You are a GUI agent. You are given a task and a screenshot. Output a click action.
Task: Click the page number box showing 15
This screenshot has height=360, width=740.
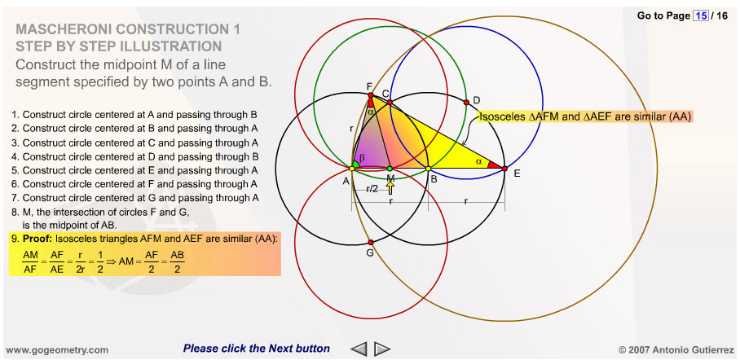click(x=700, y=16)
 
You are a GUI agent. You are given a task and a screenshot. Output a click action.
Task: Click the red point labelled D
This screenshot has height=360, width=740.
click(x=466, y=102)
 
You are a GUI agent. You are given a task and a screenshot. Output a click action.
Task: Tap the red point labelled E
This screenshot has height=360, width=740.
click(x=504, y=169)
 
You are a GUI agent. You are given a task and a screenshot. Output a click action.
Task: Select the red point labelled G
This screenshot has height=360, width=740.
click(x=371, y=243)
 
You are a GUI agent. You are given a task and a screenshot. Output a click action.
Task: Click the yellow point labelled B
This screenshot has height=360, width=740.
click(x=429, y=169)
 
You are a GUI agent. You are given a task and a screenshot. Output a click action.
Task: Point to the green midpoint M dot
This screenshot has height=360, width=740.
click(x=390, y=169)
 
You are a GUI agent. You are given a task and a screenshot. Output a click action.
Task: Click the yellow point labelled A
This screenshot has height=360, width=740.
click(x=352, y=169)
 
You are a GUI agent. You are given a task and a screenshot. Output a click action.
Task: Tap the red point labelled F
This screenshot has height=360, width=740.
click(x=371, y=94)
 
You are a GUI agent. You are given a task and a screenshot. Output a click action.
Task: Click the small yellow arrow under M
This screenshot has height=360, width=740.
click(x=390, y=188)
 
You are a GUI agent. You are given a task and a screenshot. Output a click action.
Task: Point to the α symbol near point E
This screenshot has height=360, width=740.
click(x=478, y=161)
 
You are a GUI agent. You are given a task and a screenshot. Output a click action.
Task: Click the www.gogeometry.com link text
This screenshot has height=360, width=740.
click(x=57, y=349)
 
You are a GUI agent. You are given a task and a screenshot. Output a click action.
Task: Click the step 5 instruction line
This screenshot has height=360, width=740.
click(x=135, y=170)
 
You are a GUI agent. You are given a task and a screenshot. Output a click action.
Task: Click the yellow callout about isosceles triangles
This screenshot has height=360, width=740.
click(x=585, y=117)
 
